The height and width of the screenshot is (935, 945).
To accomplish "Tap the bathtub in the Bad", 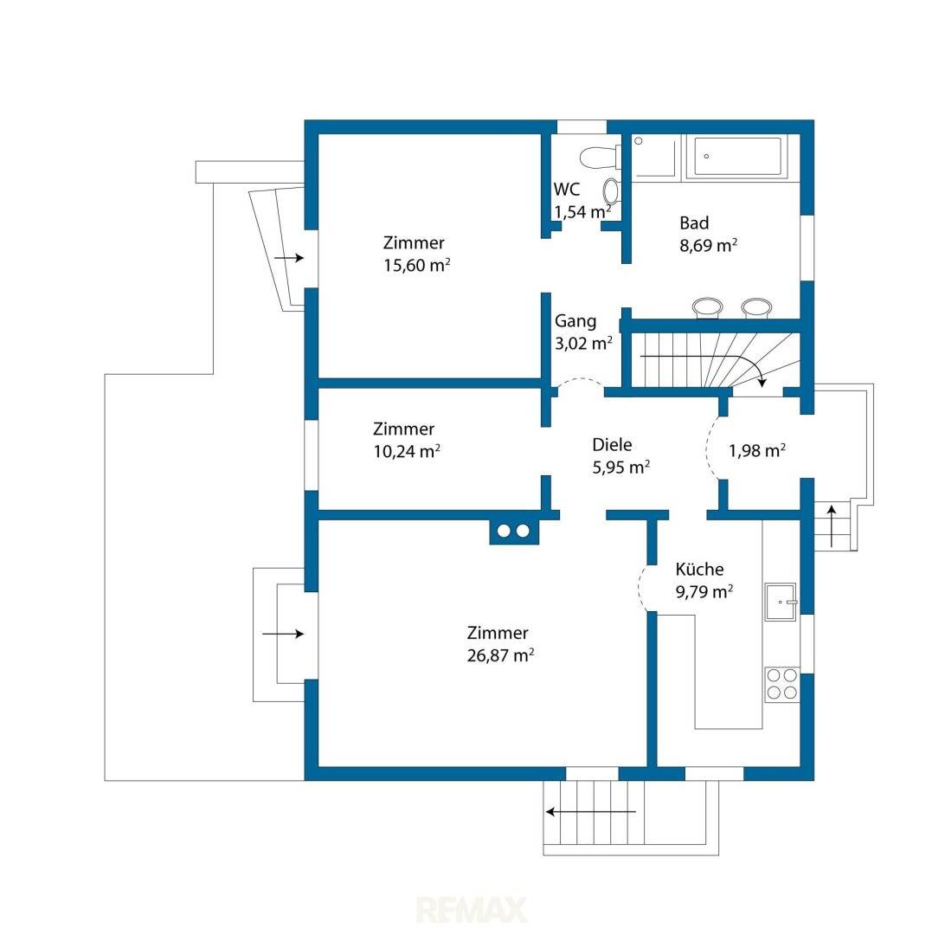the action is coord(738,156).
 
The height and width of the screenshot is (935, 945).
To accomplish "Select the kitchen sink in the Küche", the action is coord(781,602).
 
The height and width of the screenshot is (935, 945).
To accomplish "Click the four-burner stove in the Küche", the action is coord(781,684).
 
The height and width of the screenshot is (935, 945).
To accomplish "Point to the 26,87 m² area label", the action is coord(500,655).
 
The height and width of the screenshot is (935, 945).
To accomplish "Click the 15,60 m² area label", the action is coord(417,265).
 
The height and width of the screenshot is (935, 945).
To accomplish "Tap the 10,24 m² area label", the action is coord(407,451).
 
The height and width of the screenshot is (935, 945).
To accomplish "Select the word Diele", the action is coord(613,445).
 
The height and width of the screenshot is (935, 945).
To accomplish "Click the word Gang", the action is coord(575,322).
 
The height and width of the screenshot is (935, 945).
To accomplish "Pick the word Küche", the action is coord(699,569).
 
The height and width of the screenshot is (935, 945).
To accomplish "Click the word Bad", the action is coord(694,223).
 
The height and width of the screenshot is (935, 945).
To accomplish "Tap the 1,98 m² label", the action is coord(757,450).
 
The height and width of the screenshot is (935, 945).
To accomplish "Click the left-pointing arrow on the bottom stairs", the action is coord(590,812).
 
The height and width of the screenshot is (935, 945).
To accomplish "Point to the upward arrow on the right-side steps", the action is coord(832,526).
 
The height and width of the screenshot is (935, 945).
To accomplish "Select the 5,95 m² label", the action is coord(620,467).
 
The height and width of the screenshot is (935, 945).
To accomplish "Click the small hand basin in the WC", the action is coord(610,190).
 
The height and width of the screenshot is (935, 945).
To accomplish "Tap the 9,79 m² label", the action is coord(704,591).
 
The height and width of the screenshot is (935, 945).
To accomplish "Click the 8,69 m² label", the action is coord(708,245).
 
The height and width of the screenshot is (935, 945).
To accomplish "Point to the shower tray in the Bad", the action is coord(656,158).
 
